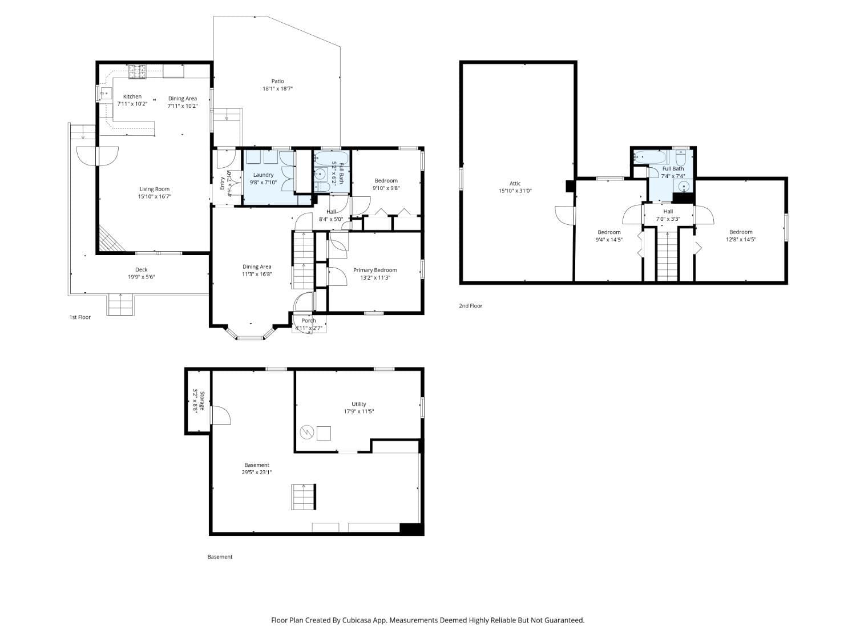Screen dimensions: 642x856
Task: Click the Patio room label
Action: click(277, 81)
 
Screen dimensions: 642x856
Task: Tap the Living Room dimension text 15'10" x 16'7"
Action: click(154, 196)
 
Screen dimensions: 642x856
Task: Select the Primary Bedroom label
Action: click(374, 270)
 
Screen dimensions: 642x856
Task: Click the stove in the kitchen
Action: click(136, 71)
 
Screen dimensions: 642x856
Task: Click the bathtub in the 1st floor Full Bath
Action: click(332, 158)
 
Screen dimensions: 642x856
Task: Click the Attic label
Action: click(515, 183)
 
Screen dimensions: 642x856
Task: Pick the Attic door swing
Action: click(564, 215)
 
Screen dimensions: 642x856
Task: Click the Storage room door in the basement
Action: click(220, 415)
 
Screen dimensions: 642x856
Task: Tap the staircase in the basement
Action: click(304, 497)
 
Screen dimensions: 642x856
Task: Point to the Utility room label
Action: click(358, 404)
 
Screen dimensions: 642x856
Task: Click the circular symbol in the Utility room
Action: click(307, 433)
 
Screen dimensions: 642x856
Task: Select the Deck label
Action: click(141, 269)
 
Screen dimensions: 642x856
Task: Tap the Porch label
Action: click(309, 320)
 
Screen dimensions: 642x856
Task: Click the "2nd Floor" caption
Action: click(470, 306)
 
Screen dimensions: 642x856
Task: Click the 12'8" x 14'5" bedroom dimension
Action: click(740, 240)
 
